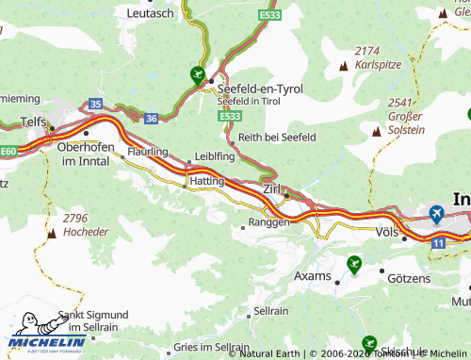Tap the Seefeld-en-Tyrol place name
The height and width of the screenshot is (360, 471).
click(x=260, y=88)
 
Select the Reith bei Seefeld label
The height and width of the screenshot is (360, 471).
click(x=277, y=137)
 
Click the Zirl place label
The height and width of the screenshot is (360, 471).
click(x=273, y=189)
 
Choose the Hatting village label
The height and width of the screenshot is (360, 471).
click(x=206, y=180)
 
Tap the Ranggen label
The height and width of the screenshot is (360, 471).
click(x=268, y=223)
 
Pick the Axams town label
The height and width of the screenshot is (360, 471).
click(x=313, y=276)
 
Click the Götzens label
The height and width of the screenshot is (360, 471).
click(x=408, y=279)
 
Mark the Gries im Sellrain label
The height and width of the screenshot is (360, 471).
click(x=212, y=347)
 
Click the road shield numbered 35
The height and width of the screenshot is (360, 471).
click(x=96, y=103)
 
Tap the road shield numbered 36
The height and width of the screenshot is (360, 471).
click(x=152, y=118)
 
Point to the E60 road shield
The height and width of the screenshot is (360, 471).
click(x=8, y=150)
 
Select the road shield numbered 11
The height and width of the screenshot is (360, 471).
click(x=438, y=243)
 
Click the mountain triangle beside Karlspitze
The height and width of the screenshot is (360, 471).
click(x=343, y=66)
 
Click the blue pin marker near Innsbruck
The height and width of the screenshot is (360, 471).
click(x=436, y=214)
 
